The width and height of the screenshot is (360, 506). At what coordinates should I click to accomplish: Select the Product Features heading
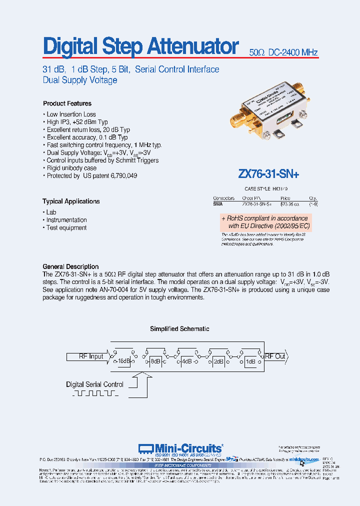(67, 103)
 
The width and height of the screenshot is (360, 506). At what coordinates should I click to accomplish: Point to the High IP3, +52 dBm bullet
(77, 122)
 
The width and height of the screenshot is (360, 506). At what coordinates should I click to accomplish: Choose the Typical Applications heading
(70, 201)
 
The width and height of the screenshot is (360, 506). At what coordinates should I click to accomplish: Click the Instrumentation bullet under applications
(66, 220)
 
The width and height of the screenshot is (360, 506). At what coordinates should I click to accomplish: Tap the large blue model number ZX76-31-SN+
(268, 174)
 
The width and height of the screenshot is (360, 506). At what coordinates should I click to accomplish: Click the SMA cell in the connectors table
(218, 204)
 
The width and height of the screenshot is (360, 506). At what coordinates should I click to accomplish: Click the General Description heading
(70, 267)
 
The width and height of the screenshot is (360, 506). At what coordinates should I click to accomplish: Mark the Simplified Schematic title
(179, 329)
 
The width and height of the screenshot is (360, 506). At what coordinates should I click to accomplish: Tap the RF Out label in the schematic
(274, 356)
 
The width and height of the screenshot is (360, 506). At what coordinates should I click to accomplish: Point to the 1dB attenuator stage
(250, 361)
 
